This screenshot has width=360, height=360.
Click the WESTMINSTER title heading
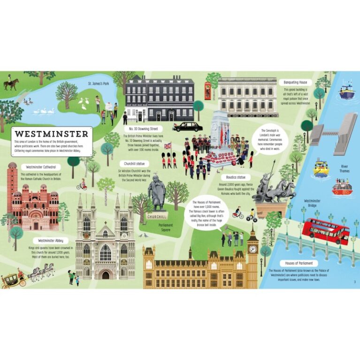point(51,133)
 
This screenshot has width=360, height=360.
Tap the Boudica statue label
point(234,177)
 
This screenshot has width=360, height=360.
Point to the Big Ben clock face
point(253,249)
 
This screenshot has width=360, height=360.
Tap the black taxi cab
point(187,126)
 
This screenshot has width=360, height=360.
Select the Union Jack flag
point(167,146)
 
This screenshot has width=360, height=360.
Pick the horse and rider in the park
point(11,84)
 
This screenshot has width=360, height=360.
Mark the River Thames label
point(345,168)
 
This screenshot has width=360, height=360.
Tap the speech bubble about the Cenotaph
point(270,138)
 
